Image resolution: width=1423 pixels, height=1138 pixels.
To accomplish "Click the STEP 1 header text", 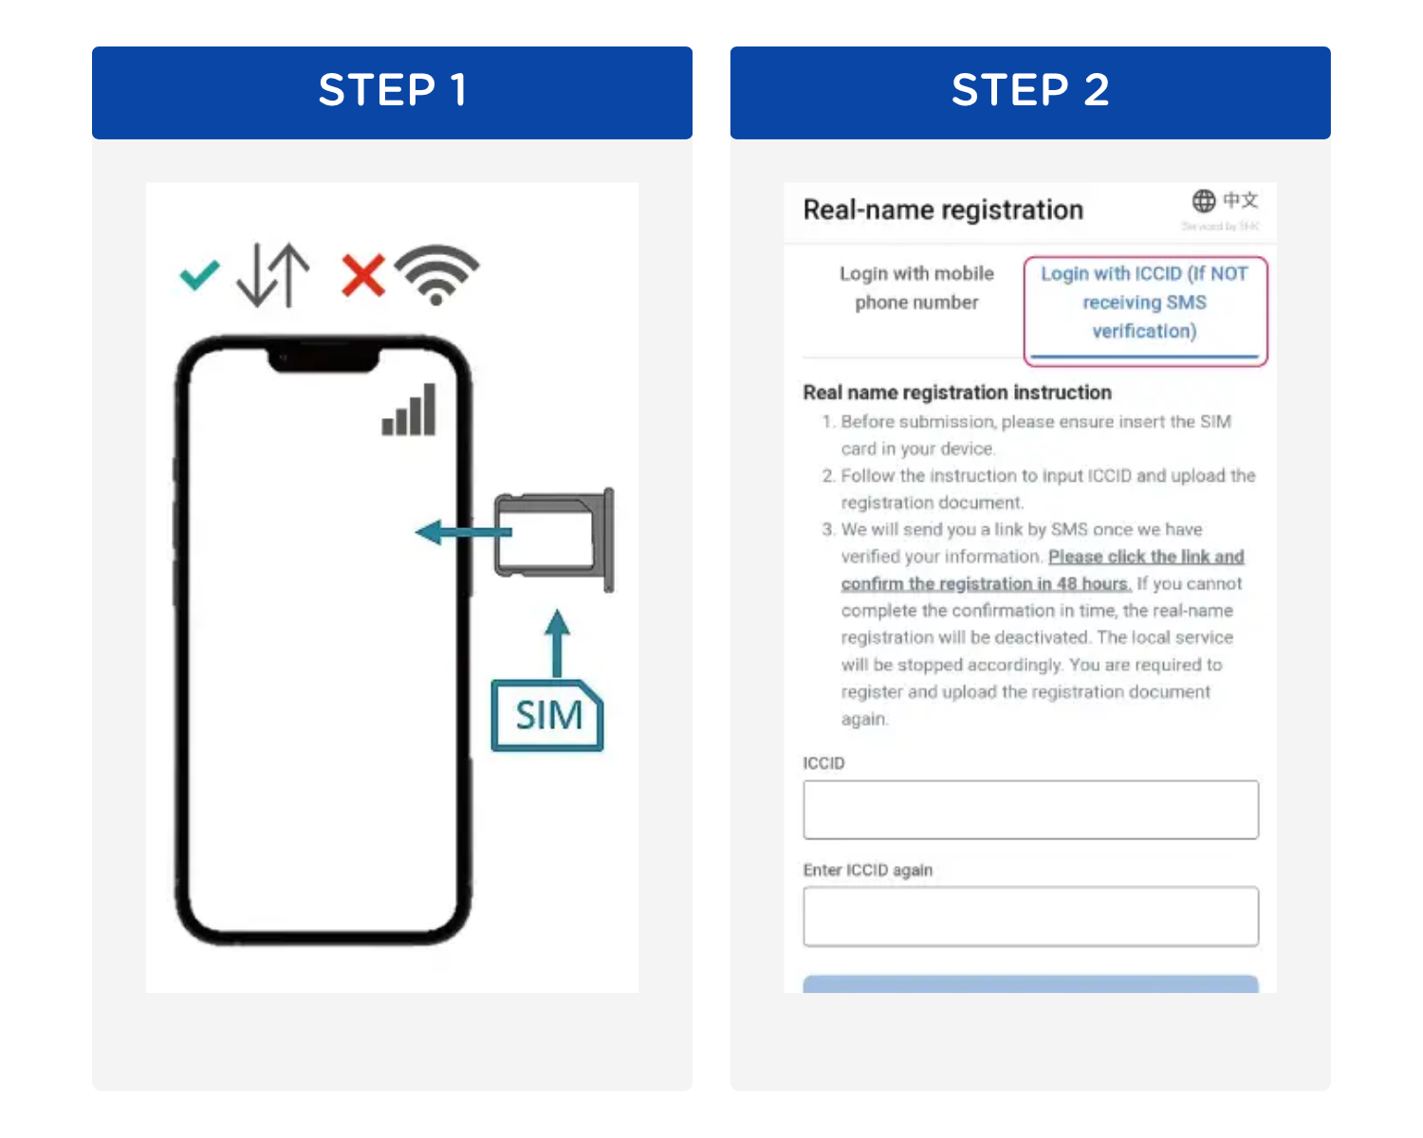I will pyautogui.click(x=392, y=91).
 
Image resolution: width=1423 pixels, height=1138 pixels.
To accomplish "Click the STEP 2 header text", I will pyautogui.click(x=1029, y=91).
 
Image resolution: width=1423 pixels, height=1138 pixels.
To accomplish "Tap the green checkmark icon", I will pyautogui.click(x=199, y=276).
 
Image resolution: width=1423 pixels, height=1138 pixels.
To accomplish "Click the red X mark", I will pyautogui.click(x=362, y=276).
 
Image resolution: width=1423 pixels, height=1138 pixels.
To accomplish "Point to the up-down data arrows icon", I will pyautogui.click(x=273, y=275).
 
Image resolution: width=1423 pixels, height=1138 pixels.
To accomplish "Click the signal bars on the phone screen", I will pyautogui.click(x=409, y=411).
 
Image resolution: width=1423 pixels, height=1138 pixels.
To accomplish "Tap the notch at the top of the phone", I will pyautogui.click(x=323, y=359).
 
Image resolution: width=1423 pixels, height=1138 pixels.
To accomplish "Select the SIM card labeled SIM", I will pyautogui.click(x=547, y=716).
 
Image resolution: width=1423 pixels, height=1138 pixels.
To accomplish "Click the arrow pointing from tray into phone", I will pyautogui.click(x=461, y=532).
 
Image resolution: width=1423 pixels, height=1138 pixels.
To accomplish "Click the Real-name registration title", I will pyautogui.click(x=942, y=210).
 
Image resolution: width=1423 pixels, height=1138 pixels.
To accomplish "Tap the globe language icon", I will pyautogui.click(x=1204, y=201).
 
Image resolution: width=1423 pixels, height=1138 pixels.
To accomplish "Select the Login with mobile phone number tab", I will pyautogui.click(x=915, y=288).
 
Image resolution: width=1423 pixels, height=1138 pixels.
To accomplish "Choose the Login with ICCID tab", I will pyautogui.click(x=1144, y=303).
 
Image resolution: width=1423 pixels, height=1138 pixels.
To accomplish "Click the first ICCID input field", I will pyautogui.click(x=1030, y=810).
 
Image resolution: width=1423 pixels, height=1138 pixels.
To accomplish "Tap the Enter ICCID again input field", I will pyautogui.click(x=1030, y=917).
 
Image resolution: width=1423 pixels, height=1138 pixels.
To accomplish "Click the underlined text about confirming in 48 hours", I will pyautogui.click(x=987, y=583).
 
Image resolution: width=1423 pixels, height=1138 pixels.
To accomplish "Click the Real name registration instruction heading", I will pyautogui.click(x=956, y=393).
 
